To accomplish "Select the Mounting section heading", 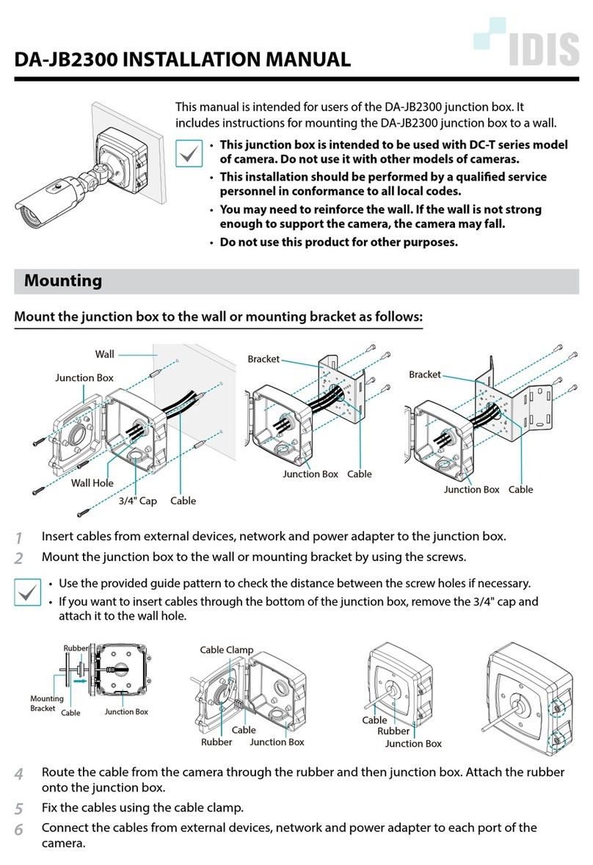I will pos(63,281).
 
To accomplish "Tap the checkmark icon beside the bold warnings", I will pos(191,154).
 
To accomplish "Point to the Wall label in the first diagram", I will pos(104,354).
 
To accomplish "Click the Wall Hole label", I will pos(92,484).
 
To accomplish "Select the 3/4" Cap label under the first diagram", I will pos(138,501).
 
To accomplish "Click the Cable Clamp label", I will pos(226,650).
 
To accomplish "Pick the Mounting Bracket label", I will pos(46,703).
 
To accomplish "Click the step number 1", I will pos(18,538).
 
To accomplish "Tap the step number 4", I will pos(18,774).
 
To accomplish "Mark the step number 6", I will pos(18,830).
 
